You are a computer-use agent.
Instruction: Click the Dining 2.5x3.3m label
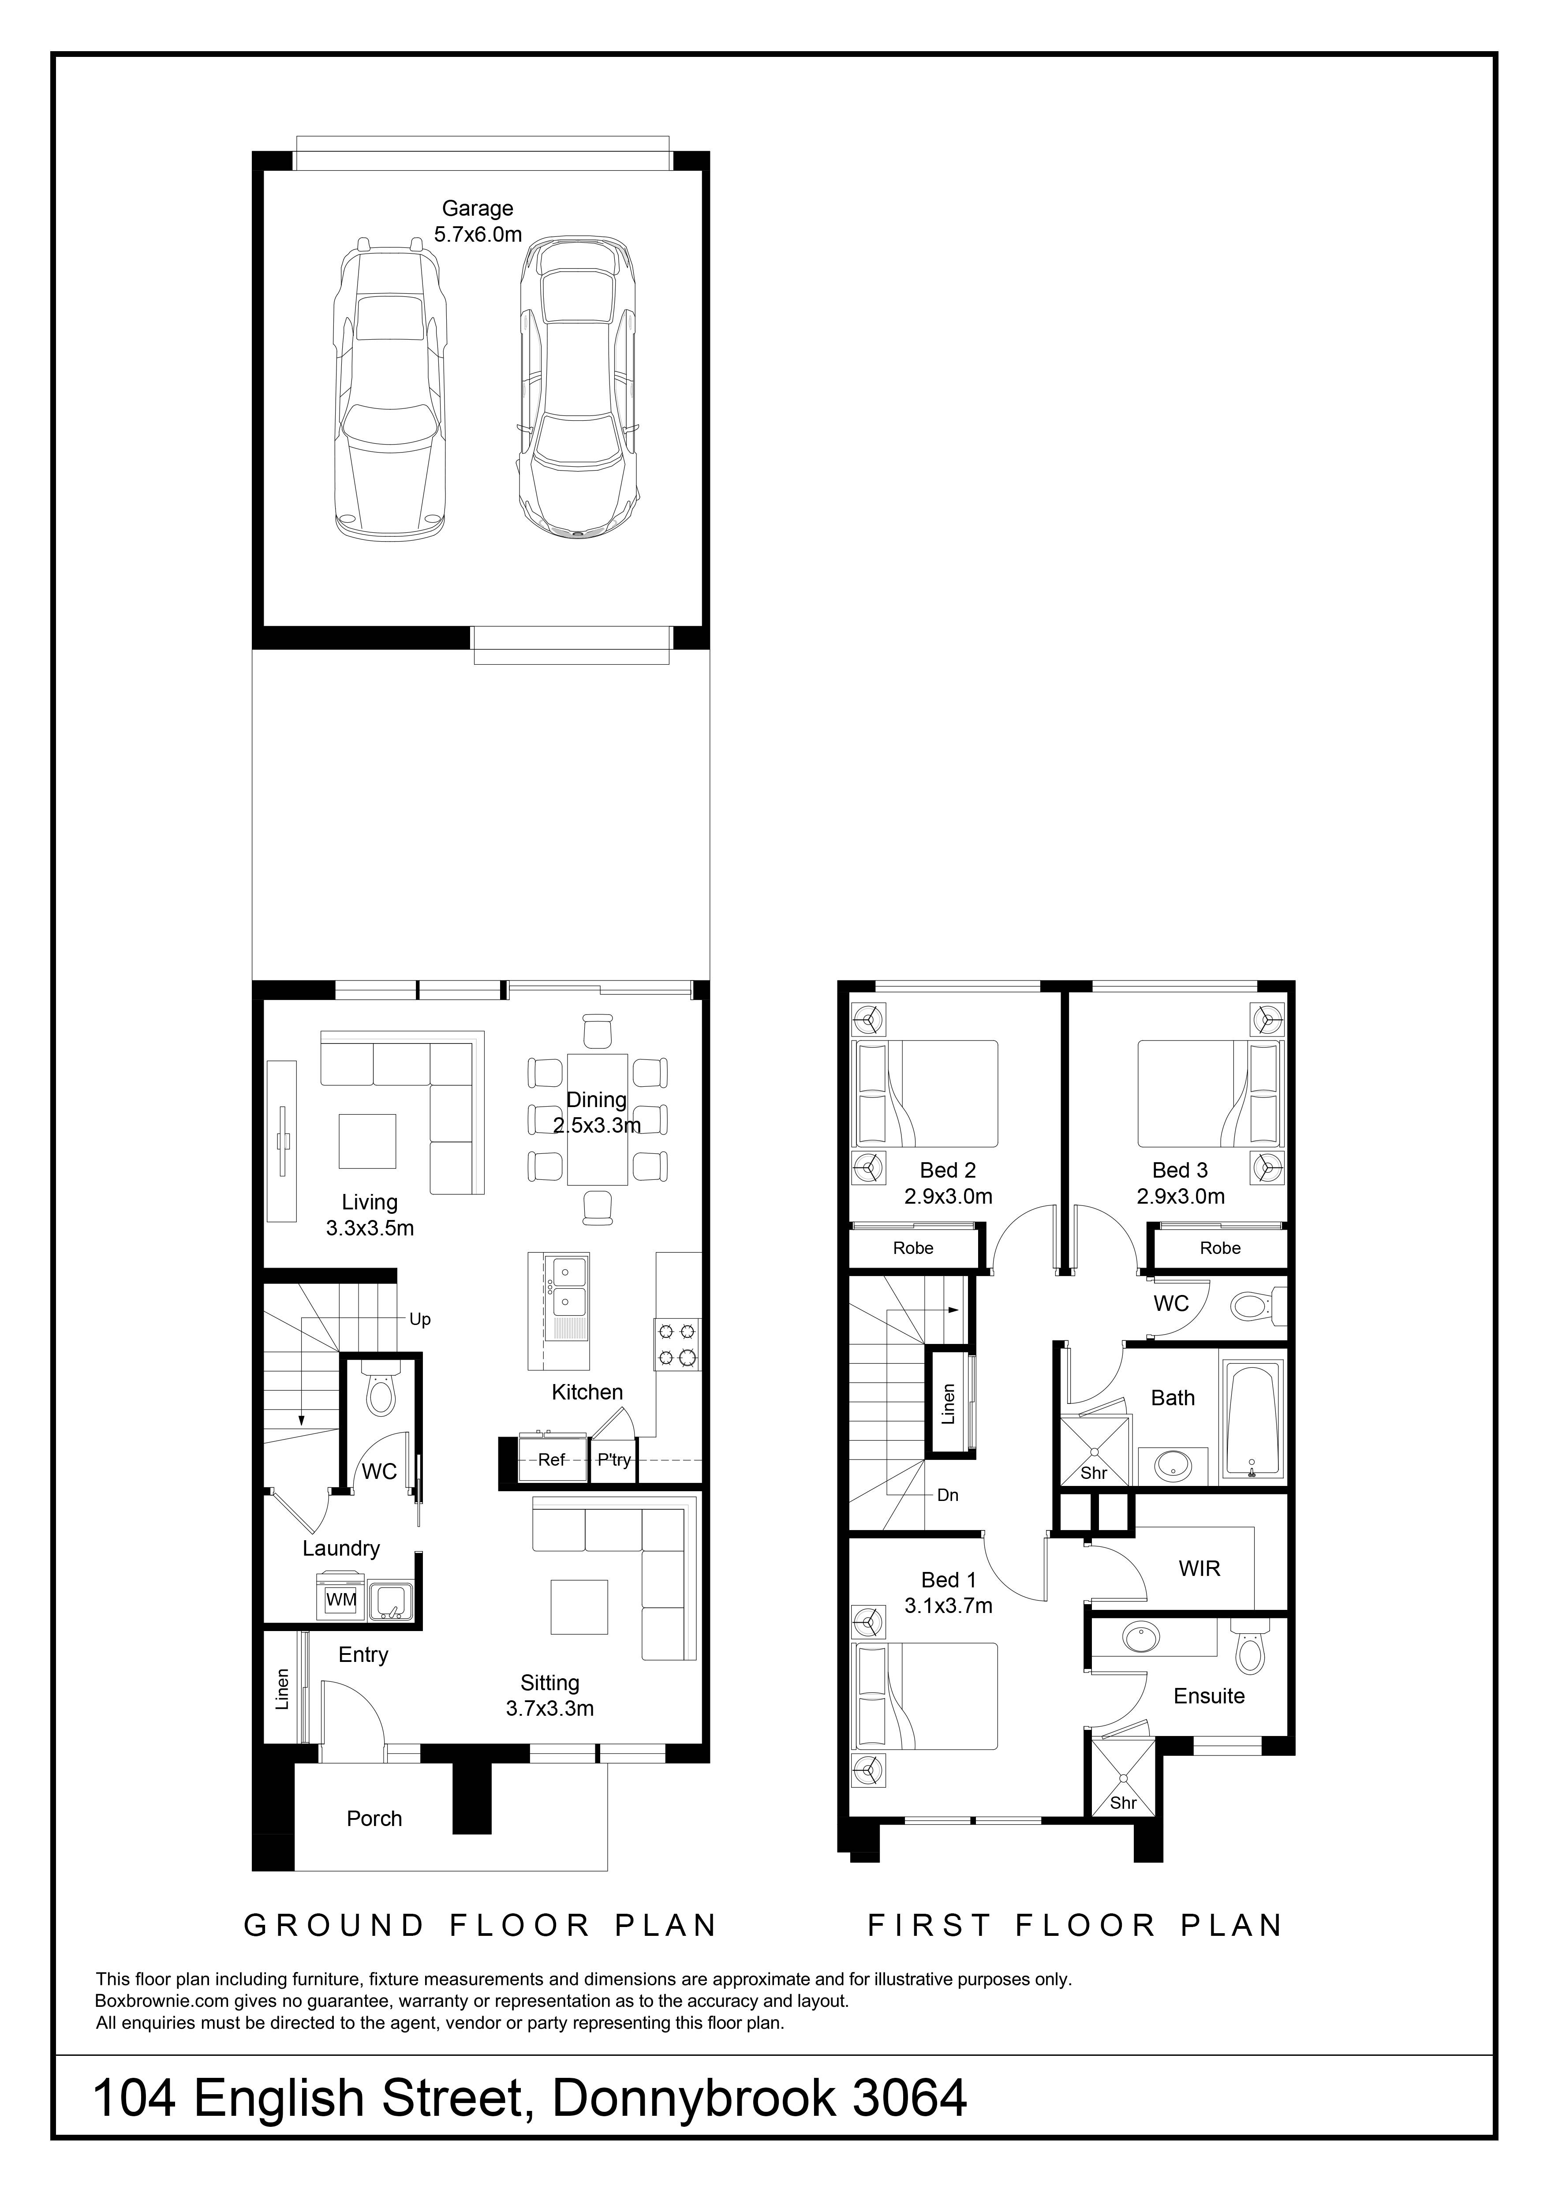click(x=597, y=1111)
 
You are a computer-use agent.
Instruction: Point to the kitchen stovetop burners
click(x=677, y=1344)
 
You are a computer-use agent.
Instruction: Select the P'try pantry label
click(x=614, y=1459)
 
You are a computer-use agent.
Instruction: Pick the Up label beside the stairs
click(x=419, y=1320)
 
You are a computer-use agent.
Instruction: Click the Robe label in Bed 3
click(x=1220, y=1248)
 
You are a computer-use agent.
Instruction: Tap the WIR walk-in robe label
click(x=1199, y=1568)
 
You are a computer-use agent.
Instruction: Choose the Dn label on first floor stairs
click(x=947, y=1495)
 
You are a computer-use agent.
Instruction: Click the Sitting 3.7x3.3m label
click(x=550, y=1695)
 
